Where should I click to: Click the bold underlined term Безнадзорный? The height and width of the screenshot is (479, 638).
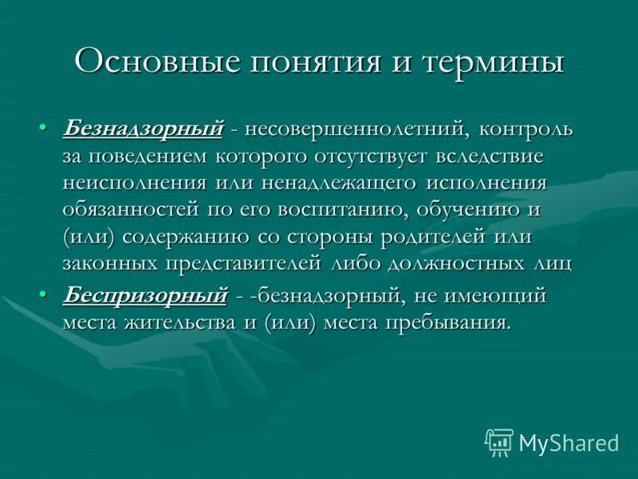[143, 128]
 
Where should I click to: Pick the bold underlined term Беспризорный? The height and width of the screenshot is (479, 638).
[144, 295]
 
